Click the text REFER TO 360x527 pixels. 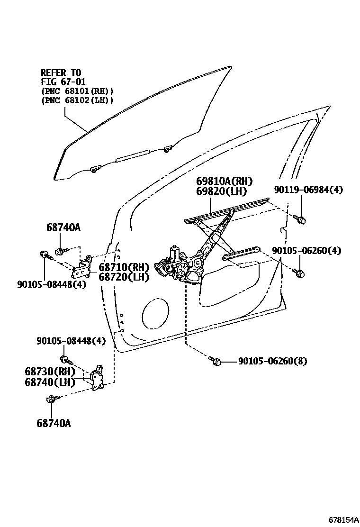click(61, 73)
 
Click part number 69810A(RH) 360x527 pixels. click(225, 181)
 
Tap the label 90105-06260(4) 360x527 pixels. click(306, 250)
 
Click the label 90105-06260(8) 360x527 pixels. click(272, 361)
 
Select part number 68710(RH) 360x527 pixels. click(124, 267)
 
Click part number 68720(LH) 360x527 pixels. click(124, 277)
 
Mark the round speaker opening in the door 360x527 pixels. click(154, 316)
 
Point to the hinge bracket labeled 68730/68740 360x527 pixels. click(98, 378)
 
